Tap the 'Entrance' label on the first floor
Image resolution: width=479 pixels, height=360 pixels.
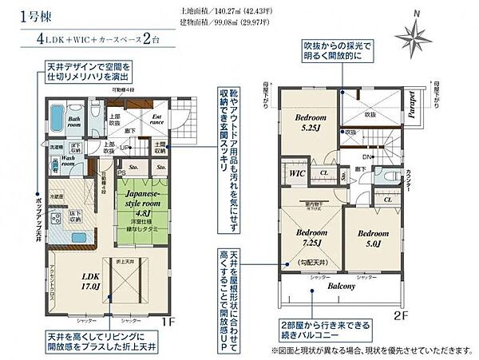(x=156, y=119)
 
